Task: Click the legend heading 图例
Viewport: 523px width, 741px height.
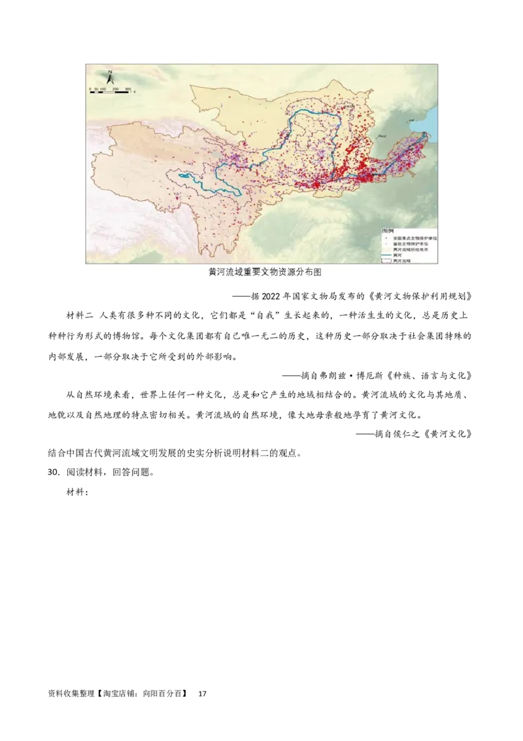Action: pyautogui.click(x=388, y=231)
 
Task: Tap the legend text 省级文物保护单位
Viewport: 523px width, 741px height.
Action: pyautogui.click(x=411, y=244)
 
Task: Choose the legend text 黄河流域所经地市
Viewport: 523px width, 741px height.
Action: pyautogui.click(x=411, y=249)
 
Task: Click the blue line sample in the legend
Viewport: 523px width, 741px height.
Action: pyautogui.click(x=386, y=255)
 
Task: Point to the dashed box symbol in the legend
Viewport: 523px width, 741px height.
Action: pyautogui.click(x=386, y=261)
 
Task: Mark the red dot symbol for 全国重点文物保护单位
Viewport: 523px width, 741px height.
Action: pyautogui.click(x=386, y=238)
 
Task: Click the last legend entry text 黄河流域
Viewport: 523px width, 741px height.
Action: pyautogui.click(x=402, y=261)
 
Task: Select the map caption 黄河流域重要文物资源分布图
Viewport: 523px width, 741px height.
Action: pyautogui.click(x=265, y=272)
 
